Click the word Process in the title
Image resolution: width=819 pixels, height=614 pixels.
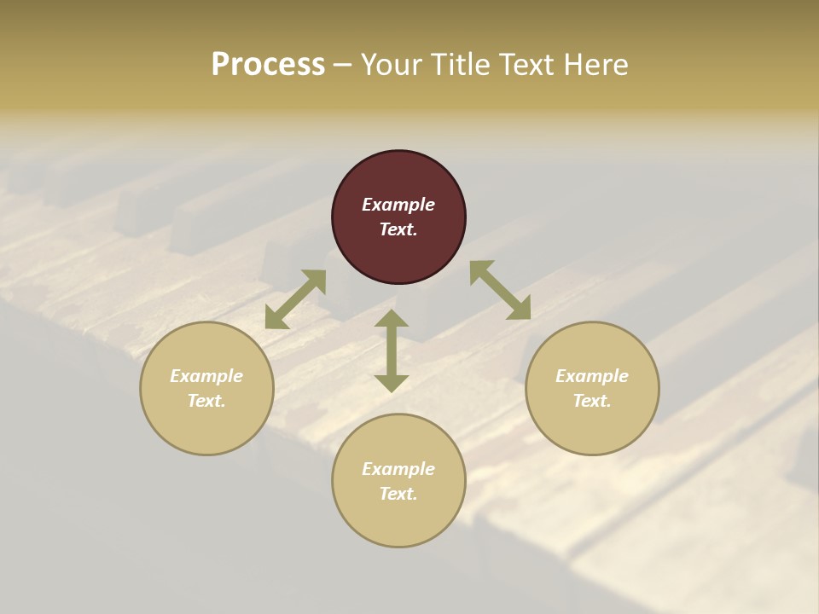click(268, 65)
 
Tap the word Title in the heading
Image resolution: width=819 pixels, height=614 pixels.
click(460, 65)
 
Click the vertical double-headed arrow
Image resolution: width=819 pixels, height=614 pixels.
click(392, 351)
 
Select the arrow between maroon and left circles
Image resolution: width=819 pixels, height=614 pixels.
click(295, 299)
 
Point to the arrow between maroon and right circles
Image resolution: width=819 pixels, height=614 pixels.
click(500, 290)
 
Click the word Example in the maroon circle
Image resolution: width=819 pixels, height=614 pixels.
click(398, 205)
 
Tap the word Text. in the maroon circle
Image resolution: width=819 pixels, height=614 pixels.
click(398, 229)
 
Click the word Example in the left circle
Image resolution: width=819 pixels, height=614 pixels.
click(206, 376)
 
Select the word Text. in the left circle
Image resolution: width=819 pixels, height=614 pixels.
click(206, 401)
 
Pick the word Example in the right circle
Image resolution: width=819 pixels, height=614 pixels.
click(592, 376)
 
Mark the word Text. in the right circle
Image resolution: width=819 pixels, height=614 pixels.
click(592, 401)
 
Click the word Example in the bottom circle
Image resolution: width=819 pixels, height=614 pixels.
click(398, 469)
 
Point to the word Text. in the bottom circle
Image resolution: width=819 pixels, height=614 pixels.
click(398, 494)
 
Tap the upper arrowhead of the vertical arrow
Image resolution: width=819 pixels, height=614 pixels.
click(392, 319)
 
